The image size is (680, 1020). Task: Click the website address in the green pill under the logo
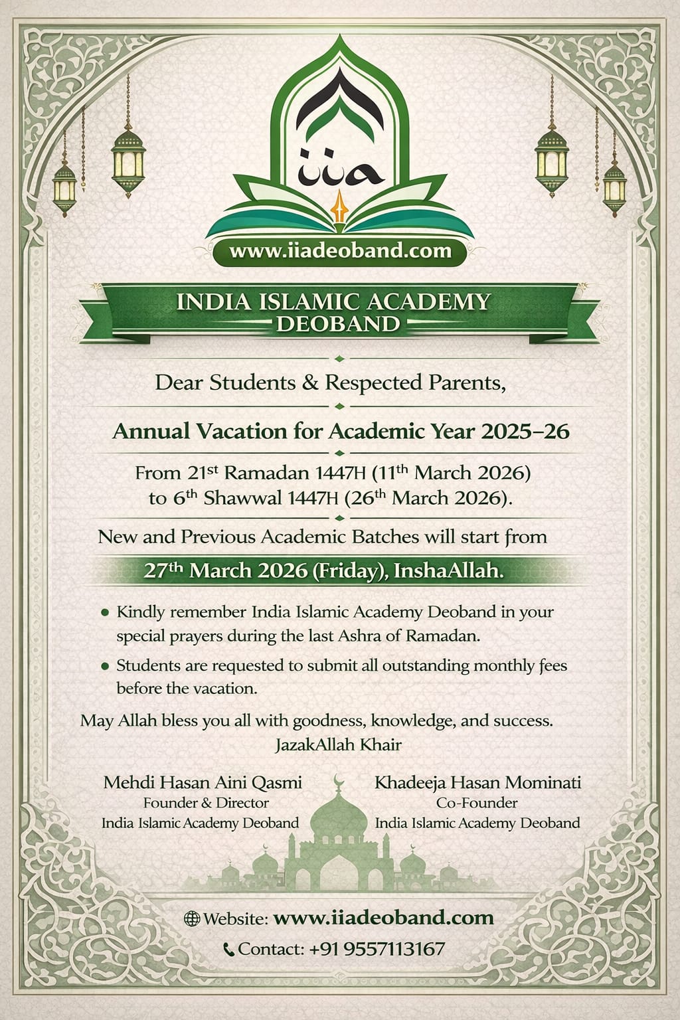pyautogui.click(x=340, y=251)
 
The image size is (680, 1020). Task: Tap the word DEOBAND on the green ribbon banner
pyautogui.click(x=339, y=324)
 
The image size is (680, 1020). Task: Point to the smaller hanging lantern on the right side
pyautogui.click(x=615, y=182)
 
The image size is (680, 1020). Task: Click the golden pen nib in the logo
pyautogui.click(x=339, y=202)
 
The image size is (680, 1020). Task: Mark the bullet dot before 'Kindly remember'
pyautogui.click(x=104, y=612)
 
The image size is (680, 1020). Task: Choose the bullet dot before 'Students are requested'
pyautogui.click(x=104, y=665)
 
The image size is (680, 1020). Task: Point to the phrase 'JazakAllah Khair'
pyautogui.click(x=338, y=744)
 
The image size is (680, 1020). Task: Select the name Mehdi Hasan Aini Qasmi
pyautogui.click(x=203, y=782)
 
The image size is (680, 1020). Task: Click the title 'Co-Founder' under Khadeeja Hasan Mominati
pyautogui.click(x=477, y=803)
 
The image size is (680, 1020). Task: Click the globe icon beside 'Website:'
pyautogui.click(x=191, y=919)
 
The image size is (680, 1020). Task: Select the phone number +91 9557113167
pyautogui.click(x=377, y=950)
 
